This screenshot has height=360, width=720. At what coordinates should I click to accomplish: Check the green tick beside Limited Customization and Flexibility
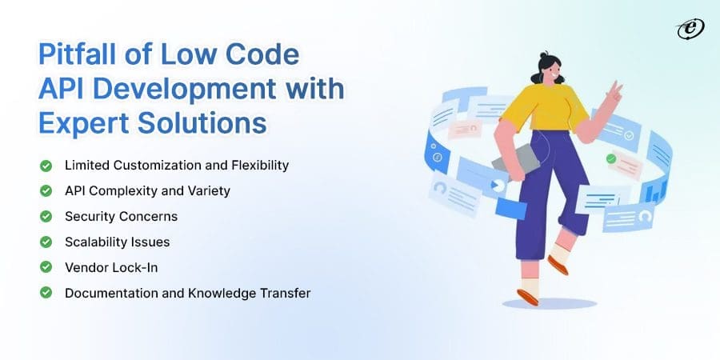coord(46,166)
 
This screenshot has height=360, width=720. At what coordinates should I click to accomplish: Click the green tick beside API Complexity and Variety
coord(46,191)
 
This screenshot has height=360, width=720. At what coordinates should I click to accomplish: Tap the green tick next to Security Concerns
coord(46,217)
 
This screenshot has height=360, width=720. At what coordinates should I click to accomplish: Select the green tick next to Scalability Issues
coord(46,242)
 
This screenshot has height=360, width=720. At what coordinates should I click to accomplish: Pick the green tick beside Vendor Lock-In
coord(46,267)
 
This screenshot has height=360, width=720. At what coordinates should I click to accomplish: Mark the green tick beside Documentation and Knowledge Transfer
coord(46,293)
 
